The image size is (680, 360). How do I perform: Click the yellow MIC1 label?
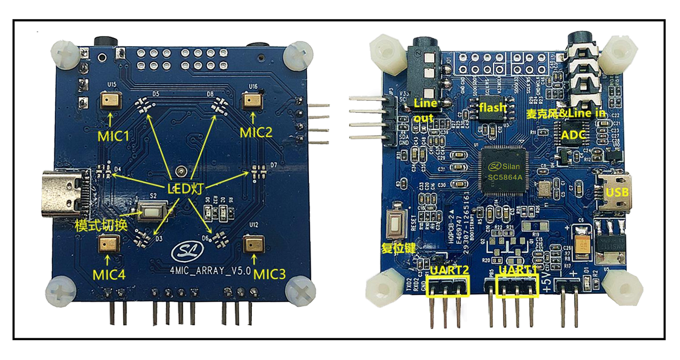113,137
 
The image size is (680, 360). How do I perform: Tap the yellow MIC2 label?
256,132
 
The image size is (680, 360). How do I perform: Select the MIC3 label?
269,274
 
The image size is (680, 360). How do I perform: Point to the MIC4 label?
109,275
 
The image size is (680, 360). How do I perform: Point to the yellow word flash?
493,107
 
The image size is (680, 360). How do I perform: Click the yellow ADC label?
572,135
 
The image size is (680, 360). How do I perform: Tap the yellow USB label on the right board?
617,192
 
